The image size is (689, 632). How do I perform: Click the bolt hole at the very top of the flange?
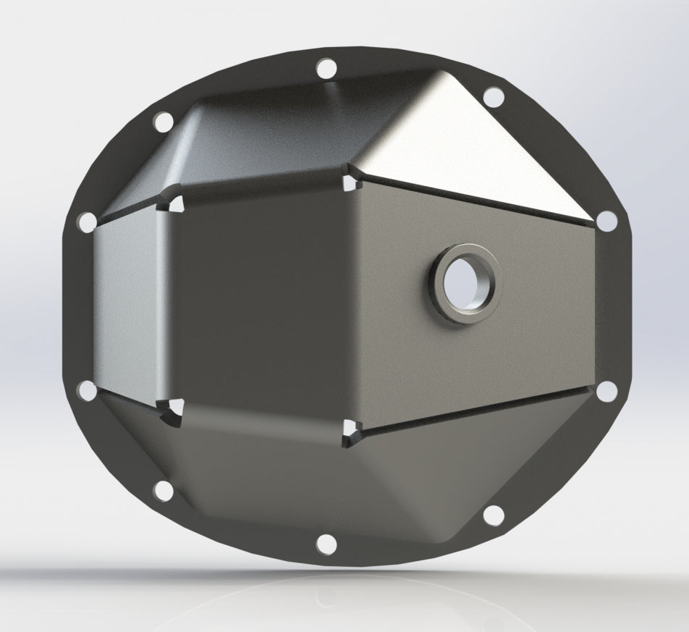pos(326,70)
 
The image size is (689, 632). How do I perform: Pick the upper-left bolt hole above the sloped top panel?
pos(164,121)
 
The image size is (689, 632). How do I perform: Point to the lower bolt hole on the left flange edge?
pos(86,391)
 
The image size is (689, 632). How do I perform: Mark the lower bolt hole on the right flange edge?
pos(607,391)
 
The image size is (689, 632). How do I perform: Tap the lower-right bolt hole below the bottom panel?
pos(493,515)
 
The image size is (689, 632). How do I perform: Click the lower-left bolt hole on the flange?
pos(164,492)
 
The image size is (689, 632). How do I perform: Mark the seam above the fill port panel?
pos(478,196)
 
